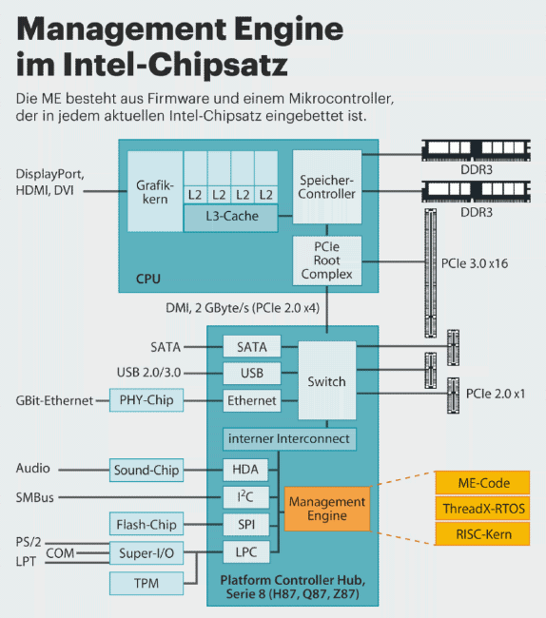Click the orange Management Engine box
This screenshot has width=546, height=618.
tap(327, 509)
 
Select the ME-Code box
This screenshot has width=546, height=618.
tap(482, 483)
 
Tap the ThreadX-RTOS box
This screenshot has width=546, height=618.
tap(482, 509)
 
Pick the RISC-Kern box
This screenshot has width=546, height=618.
tap(482, 534)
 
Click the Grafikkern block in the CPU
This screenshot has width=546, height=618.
tap(155, 191)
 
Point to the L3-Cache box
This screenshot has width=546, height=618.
tap(231, 218)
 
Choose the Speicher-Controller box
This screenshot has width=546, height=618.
tap(327, 186)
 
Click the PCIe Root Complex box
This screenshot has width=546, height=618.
tap(327, 261)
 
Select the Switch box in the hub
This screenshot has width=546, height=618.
tap(327, 380)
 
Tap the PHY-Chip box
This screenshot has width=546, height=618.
tap(146, 400)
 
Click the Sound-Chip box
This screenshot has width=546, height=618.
tap(146, 470)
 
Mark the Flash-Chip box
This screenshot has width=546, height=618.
tap(146, 524)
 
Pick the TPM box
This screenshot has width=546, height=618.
tap(146, 584)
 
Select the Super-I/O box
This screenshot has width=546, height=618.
tap(146, 553)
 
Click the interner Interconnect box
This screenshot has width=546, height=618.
tap(289, 439)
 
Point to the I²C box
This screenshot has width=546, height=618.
tap(246, 497)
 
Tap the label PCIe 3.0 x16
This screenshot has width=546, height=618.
tap(475, 263)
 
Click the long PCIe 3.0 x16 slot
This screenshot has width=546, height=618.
tap(431, 273)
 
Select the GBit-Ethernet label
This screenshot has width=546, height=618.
tap(54, 400)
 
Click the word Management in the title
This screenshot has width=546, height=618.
tap(122, 29)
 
